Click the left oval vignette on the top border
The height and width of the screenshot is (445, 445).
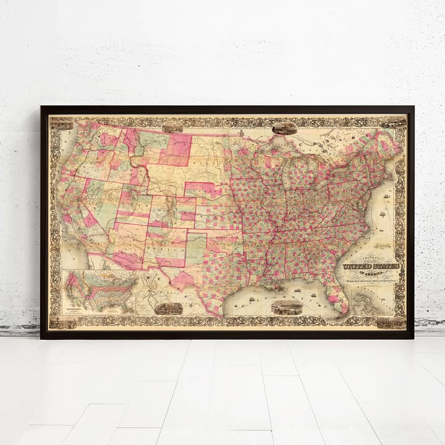point(172,127)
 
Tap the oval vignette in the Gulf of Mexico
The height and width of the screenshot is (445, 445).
point(287,307)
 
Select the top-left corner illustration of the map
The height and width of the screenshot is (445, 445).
point(61,123)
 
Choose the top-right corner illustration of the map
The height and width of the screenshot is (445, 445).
point(394,123)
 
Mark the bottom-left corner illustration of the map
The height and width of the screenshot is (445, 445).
point(61,322)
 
